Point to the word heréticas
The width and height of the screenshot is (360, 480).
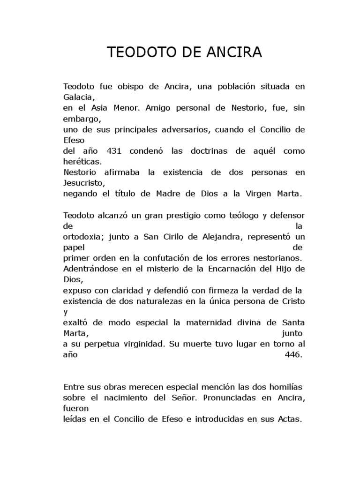click(82, 162)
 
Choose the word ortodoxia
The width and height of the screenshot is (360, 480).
click(82, 237)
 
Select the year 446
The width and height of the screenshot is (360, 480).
click(294, 355)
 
